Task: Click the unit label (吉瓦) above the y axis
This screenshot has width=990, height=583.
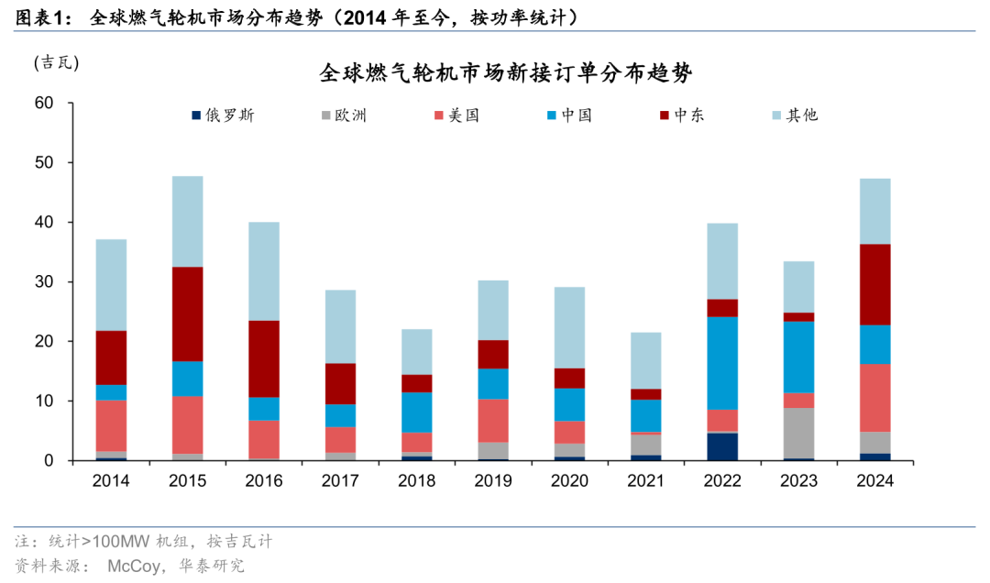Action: (x=57, y=63)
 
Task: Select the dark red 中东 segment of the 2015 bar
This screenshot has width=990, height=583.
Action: (x=187, y=313)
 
